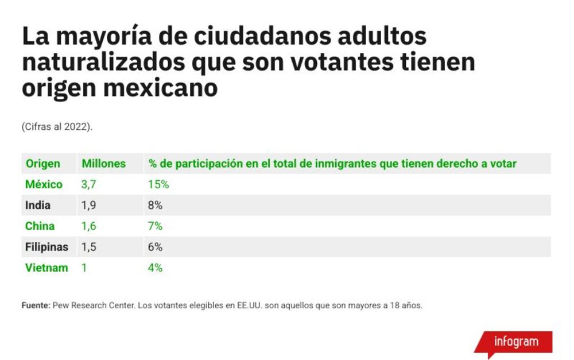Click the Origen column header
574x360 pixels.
[43, 164]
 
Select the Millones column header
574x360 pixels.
[103, 164]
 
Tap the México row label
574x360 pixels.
[44, 184]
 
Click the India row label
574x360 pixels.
[38, 205]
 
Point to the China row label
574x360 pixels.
[40, 226]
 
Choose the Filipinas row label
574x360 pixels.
[46, 247]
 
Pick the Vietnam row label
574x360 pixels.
[46, 268]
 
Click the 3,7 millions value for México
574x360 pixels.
[88, 184]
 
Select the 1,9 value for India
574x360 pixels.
[88, 205]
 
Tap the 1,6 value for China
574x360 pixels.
[88, 226]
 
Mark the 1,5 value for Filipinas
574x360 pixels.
[88, 247]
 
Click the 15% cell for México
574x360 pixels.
[158, 184]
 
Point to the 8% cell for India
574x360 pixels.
[155, 205]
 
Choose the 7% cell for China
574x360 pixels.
[155, 226]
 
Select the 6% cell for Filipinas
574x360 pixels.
[155, 247]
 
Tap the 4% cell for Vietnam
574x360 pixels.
[155, 268]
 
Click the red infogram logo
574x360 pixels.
[514, 343]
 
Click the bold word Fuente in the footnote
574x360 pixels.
[36, 305]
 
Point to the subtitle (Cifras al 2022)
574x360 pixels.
[57, 127]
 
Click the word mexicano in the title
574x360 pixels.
[160, 88]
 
